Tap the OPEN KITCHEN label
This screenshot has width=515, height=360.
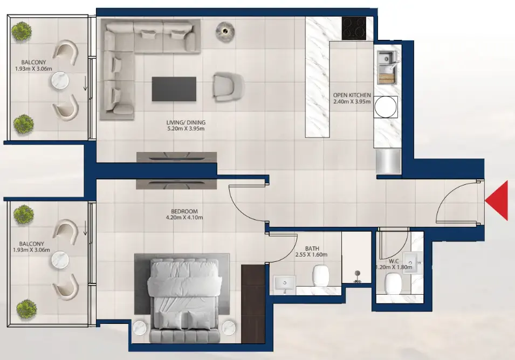352,95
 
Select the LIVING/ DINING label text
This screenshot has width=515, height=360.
186,122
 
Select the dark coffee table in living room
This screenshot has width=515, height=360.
174,89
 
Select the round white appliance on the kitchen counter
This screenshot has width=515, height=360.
386,106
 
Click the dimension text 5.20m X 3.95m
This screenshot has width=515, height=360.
186,129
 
